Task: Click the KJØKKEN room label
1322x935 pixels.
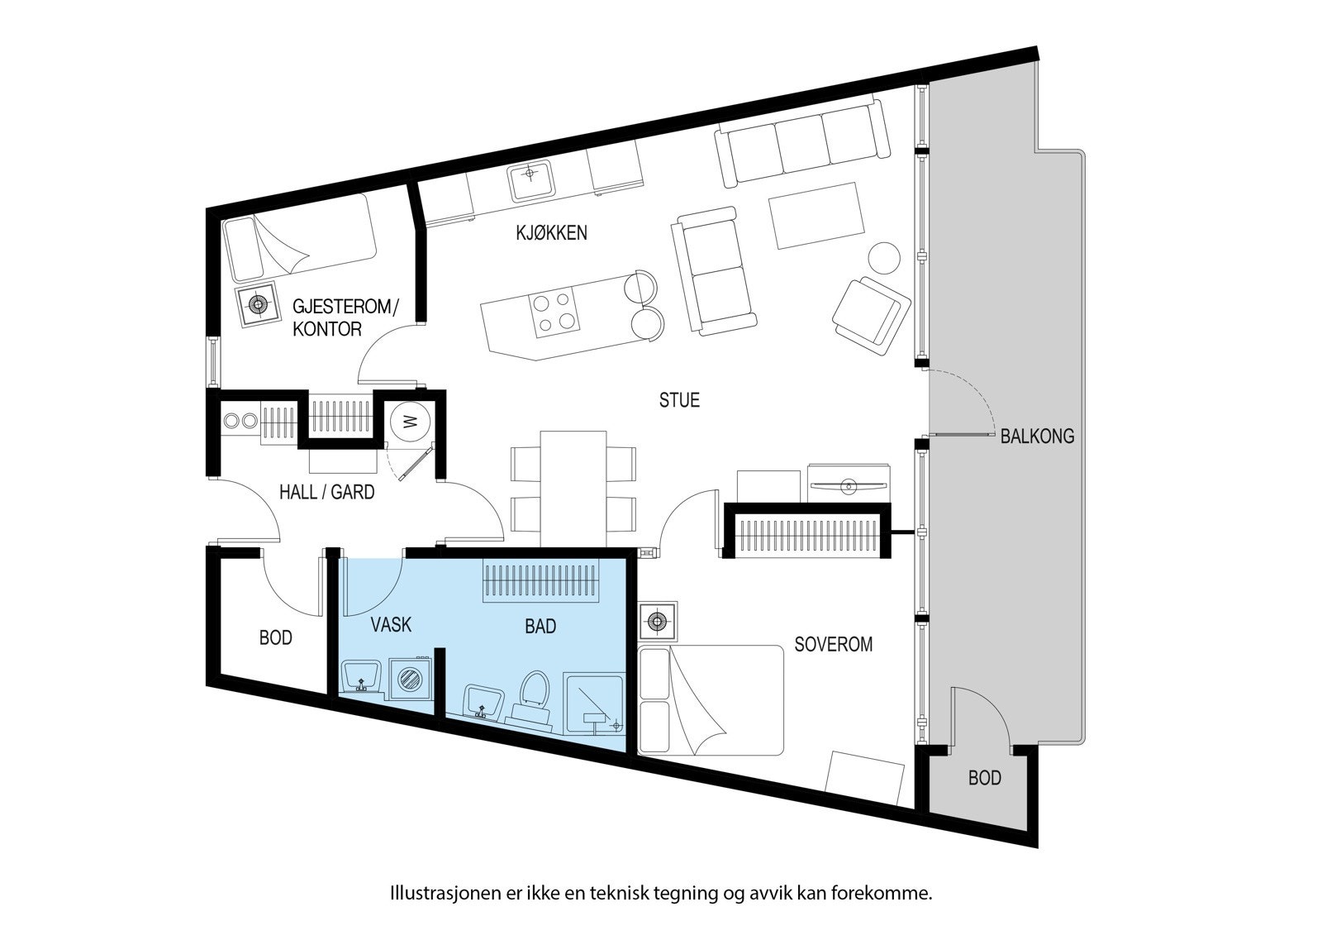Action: click(551, 232)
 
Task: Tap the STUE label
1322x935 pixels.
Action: click(679, 400)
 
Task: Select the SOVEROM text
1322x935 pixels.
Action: click(833, 644)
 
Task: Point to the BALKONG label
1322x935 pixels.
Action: click(1037, 436)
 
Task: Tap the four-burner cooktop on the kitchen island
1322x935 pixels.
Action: click(554, 313)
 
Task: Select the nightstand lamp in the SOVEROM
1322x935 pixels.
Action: click(658, 621)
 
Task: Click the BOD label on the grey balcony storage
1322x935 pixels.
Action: click(984, 778)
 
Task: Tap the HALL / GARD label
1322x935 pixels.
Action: click(326, 493)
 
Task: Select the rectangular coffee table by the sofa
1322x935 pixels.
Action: click(816, 215)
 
